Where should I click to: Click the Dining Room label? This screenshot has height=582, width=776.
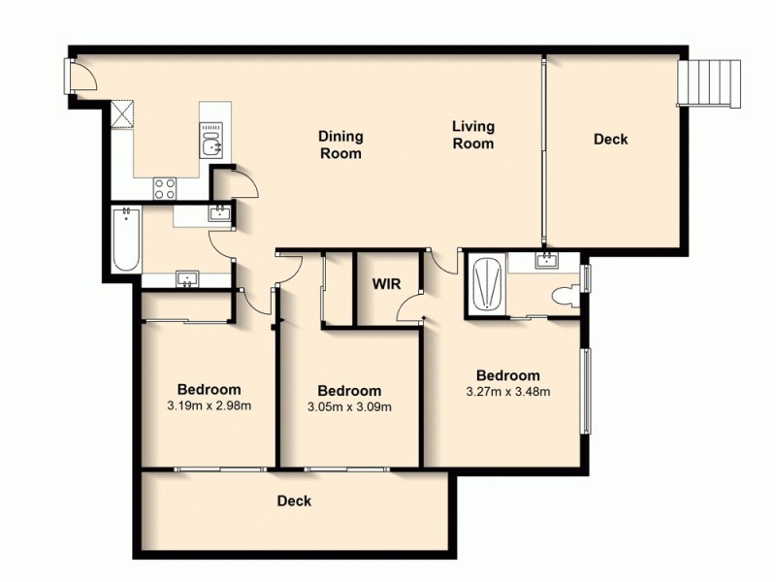(x=340, y=145)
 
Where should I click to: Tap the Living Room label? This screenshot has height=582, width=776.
(x=473, y=134)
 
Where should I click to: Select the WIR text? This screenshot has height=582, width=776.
(x=387, y=285)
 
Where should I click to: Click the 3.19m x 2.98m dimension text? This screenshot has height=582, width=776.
(x=209, y=406)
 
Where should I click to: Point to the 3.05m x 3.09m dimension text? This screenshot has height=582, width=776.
(x=349, y=407)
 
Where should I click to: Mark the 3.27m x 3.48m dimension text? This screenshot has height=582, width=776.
(x=507, y=392)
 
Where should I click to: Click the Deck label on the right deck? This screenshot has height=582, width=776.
(x=610, y=140)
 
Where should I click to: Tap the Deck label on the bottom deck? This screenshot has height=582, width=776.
(x=294, y=501)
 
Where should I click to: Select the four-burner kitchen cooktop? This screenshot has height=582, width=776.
(x=164, y=188)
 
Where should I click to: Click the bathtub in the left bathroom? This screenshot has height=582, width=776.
(x=125, y=240)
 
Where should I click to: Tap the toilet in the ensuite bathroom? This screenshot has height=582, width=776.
(x=562, y=296)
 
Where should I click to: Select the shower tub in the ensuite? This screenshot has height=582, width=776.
(x=485, y=283)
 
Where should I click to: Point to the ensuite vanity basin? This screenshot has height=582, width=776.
(x=547, y=259)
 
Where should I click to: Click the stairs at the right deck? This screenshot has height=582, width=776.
(x=711, y=81)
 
